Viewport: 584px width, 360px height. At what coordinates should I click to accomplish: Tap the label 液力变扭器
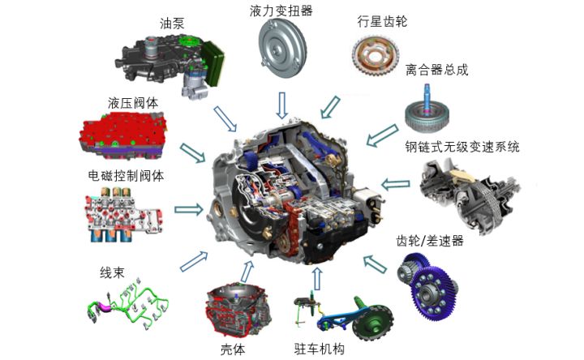(281, 11)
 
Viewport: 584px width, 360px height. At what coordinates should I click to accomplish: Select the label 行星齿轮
(381, 22)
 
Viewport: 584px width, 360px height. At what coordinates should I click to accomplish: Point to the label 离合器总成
(437, 71)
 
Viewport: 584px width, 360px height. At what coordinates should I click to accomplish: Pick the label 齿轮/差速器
(429, 241)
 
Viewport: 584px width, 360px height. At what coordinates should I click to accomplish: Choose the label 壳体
(232, 349)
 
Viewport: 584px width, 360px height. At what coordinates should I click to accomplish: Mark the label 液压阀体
(133, 104)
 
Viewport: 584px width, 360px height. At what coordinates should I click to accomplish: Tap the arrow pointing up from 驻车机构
(316, 278)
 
